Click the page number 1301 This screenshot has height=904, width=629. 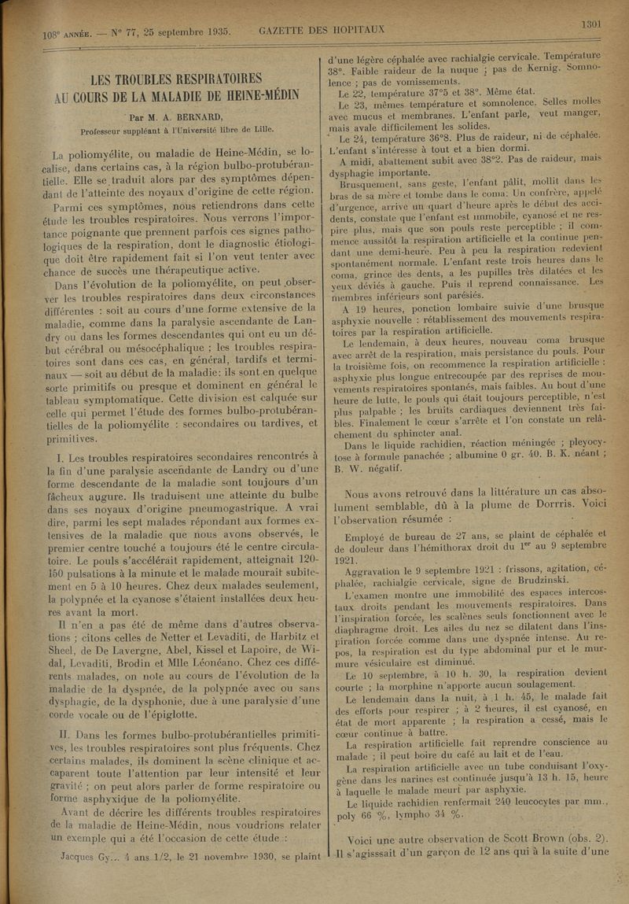(x=591, y=24)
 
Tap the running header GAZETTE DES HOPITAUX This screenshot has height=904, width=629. (x=322, y=31)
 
